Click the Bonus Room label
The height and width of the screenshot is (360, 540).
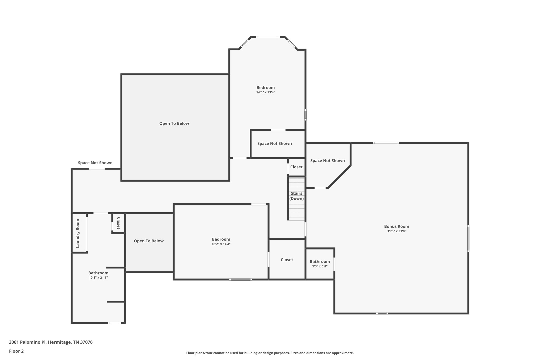coord(397,226)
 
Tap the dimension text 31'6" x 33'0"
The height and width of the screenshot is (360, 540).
coord(397,231)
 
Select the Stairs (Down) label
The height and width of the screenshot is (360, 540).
coord(297,196)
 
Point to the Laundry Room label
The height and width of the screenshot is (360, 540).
coord(78,233)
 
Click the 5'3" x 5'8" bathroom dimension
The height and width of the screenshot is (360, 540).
coord(320,266)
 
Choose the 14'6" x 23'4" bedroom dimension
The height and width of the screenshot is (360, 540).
coord(266,92)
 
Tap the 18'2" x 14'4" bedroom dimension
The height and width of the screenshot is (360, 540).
coord(221,244)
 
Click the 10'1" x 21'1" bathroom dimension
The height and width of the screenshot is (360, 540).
coord(98,278)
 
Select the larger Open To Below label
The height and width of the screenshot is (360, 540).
coord(174,123)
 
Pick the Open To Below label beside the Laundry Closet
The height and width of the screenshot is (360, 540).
coord(149,241)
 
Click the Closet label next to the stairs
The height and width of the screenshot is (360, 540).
coord(296,167)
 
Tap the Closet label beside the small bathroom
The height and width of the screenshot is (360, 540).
coord(287,260)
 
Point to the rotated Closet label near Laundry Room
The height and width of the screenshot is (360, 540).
coord(118,223)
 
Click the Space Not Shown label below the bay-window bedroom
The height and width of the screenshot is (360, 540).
coord(274,143)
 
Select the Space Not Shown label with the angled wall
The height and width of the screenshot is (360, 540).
coord(327,161)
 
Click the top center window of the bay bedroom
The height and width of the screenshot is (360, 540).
coord(268,37)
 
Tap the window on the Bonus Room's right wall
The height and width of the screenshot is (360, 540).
coord(468,238)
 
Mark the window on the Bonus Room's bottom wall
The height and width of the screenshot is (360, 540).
coord(382,313)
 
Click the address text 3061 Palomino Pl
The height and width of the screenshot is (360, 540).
coord(28,342)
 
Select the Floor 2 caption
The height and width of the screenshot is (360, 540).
coord(16,351)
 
